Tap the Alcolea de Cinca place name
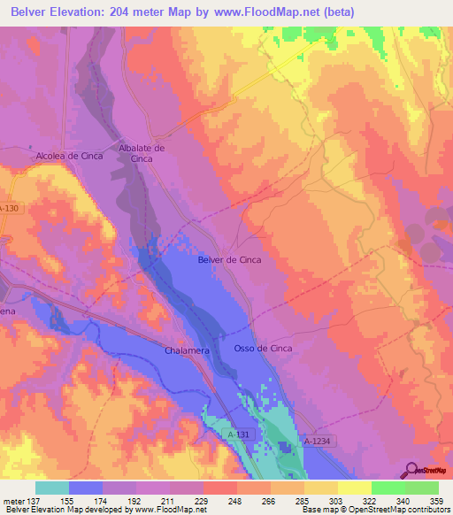tap(70, 156)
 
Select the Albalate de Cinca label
tap(142, 153)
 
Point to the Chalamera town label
tap(186, 351)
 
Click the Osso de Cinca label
tap(263, 349)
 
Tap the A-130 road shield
tap(9, 209)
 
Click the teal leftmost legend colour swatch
tap(52, 488)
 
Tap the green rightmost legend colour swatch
tap(421, 488)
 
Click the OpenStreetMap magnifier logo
tap(412, 470)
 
